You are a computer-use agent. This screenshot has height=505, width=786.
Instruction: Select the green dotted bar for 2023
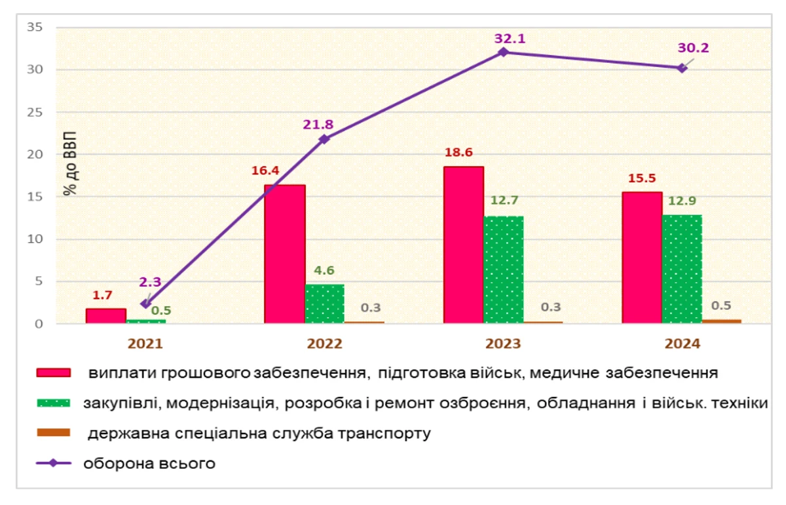coord(504,270)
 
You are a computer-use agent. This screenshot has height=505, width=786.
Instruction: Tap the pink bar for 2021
coord(105,316)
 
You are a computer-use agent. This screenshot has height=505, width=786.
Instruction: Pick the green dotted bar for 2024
coord(682,269)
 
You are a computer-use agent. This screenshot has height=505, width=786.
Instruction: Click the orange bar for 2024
coord(722,321)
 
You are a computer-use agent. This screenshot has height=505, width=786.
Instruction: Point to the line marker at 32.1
coord(503,52)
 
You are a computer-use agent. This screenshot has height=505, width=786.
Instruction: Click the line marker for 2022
coord(324,139)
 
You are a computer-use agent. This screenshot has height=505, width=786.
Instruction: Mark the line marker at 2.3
coord(145,304)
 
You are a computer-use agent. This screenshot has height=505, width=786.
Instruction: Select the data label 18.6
coord(460,153)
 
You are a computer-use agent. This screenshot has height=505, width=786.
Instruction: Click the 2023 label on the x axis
coord(503,344)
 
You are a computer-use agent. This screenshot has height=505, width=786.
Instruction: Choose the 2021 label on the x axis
coord(145,344)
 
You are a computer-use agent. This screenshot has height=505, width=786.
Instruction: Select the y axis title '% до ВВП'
coord(69,172)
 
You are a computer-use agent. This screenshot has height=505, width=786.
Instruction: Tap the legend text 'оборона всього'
coord(149,463)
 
